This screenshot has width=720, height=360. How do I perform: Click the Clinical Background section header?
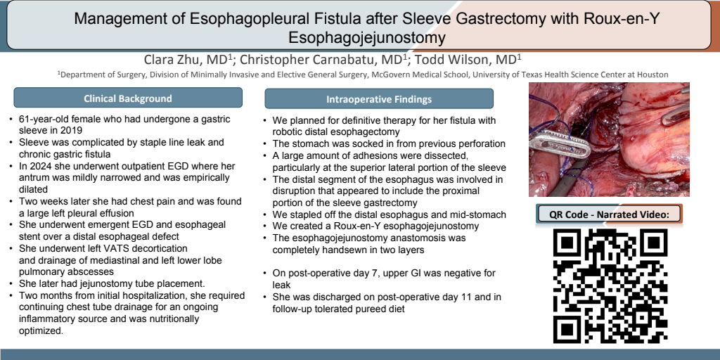point(128,98)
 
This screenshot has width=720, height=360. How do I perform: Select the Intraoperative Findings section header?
point(379,98)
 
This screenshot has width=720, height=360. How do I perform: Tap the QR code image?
point(610,285)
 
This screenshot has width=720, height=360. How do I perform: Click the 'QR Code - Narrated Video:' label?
point(609,214)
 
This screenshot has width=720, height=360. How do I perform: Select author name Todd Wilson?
point(469,60)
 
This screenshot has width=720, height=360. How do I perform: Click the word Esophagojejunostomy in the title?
point(367,37)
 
